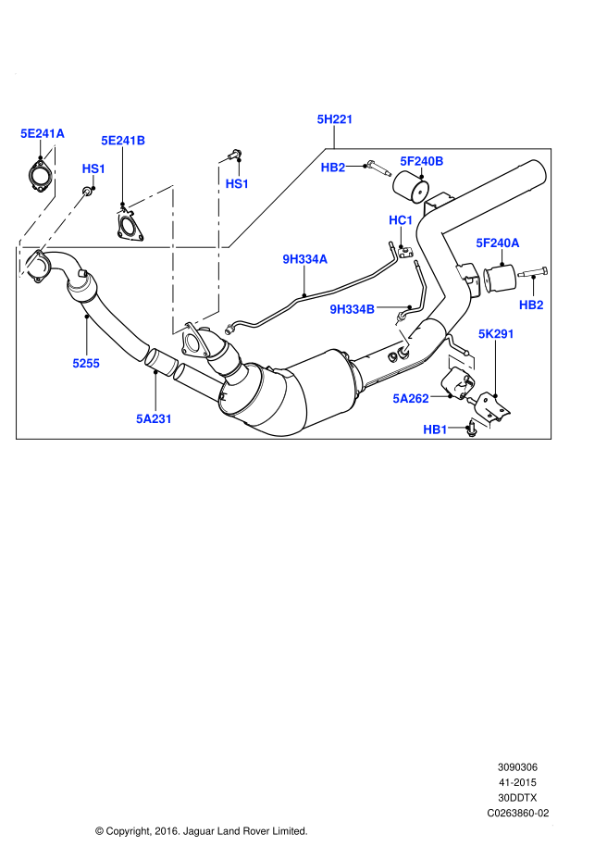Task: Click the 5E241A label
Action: pos(43,133)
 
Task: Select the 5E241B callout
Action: pos(123,141)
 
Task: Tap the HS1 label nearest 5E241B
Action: pos(93,168)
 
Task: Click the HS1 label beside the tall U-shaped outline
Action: pos(237,184)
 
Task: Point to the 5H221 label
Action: pos(335,119)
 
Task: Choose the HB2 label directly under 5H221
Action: pos(333,168)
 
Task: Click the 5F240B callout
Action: pos(422,161)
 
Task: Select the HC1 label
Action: pos(401,220)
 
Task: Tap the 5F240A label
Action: pos(498,243)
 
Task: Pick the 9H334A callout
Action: pos(305,259)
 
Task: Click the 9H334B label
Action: pos(353,309)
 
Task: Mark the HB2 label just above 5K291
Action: pos(531,305)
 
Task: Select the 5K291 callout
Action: pos(497,334)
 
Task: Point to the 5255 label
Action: pos(86,364)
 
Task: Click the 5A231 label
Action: pos(155,419)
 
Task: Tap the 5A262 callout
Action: pos(411,399)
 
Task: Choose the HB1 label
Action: pos(435,429)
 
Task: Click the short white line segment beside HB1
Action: pos(481,423)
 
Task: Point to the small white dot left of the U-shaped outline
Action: pos(120,212)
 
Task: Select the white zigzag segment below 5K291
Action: pos(462,362)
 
